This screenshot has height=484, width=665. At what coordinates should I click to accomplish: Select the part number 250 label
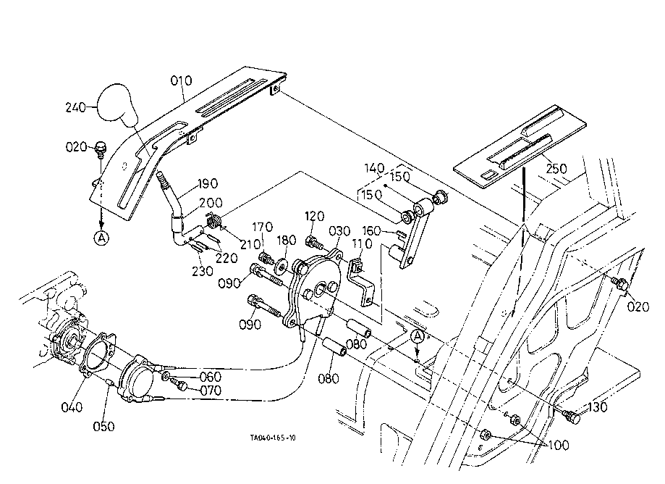(x=557, y=168)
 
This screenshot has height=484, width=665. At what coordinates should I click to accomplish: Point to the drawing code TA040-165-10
(x=273, y=438)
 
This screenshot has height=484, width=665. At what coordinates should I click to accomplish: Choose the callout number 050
(x=103, y=427)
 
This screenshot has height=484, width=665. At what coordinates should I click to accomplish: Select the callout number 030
(x=339, y=232)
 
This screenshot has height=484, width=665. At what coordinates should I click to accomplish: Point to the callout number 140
(x=374, y=167)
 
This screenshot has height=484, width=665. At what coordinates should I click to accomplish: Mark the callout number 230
(x=203, y=271)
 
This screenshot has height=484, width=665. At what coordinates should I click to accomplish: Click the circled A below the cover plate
(x=101, y=236)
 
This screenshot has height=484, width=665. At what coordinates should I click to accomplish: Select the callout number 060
(x=210, y=377)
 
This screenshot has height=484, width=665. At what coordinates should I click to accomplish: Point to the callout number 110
(x=362, y=246)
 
